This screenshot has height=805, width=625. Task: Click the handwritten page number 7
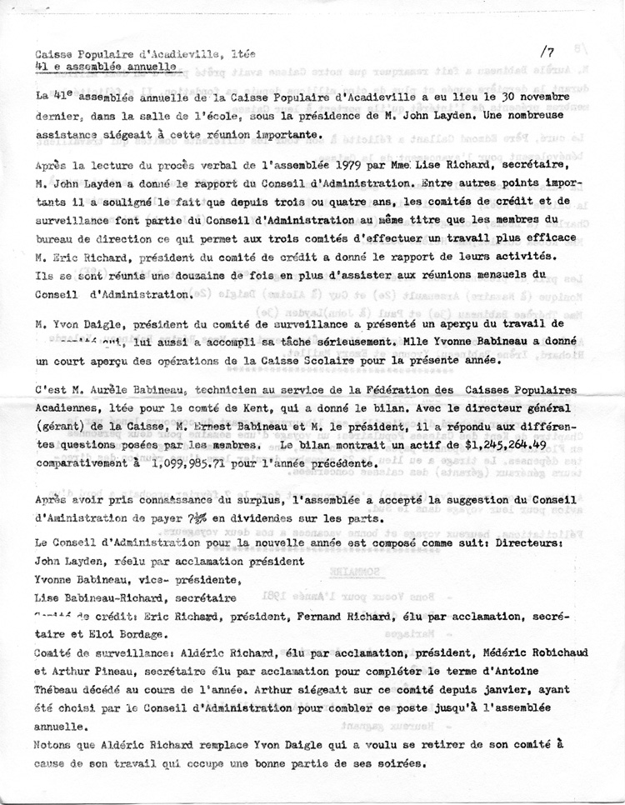552,52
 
